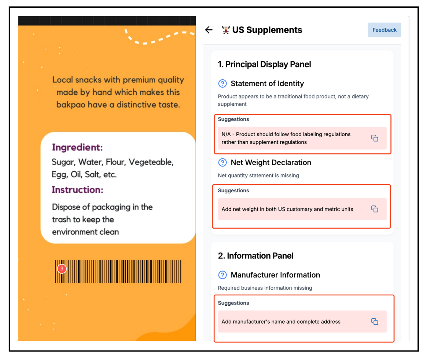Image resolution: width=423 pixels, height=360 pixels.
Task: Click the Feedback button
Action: (x=384, y=30)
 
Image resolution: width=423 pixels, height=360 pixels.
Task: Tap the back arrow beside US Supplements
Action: (x=209, y=30)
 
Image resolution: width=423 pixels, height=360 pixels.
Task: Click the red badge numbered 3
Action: (x=62, y=269)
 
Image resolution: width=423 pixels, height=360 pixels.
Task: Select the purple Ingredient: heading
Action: (x=77, y=148)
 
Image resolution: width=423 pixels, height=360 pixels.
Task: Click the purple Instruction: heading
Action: (x=77, y=190)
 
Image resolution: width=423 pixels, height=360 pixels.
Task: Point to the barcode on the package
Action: (x=118, y=272)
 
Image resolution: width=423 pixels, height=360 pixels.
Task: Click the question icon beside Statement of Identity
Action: (x=222, y=84)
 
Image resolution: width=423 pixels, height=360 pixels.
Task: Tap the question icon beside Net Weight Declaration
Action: (x=222, y=163)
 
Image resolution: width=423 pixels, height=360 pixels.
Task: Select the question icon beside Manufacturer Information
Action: (x=222, y=275)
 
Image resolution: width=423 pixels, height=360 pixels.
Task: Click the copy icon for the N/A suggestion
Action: (x=375, y=138)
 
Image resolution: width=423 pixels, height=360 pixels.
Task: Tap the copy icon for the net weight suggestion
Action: (x=375, y=209)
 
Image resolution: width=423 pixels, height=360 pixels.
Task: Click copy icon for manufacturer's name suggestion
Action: (x=375, y=321)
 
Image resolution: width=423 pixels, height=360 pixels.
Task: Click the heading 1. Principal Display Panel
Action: (x=264, y=65)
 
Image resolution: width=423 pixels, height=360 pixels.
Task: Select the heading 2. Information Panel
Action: (x=255, y=256)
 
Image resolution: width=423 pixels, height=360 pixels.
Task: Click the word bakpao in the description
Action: (x=69, y=105)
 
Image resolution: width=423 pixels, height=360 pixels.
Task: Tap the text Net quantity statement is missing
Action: (x=258, y=175)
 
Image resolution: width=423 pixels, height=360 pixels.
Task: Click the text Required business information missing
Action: (x=265, y=288)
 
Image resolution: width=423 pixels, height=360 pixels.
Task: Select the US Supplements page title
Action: (x=267, y=30)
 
